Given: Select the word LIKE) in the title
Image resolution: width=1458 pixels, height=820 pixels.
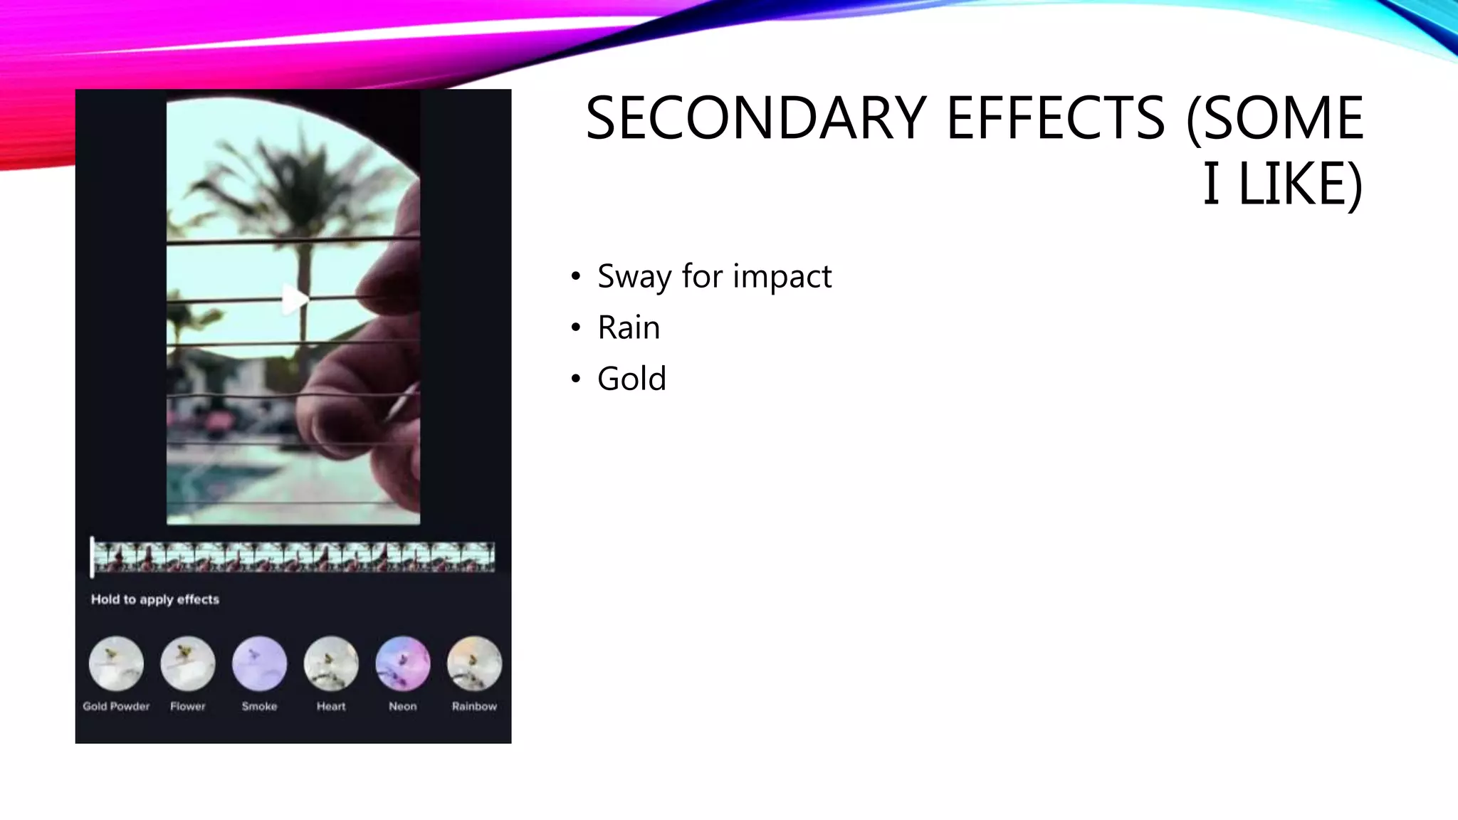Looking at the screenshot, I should coord(1300,184).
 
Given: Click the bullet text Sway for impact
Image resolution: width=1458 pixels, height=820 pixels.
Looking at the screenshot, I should coord(714,276).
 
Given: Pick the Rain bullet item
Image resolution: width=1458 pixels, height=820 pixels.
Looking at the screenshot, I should coord(629,327).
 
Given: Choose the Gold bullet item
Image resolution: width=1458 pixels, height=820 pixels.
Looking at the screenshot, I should coord(631,379).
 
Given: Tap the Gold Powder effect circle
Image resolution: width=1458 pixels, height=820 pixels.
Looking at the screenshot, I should coord(116,663).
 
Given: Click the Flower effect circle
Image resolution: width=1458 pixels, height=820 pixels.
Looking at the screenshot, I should coord(188,663).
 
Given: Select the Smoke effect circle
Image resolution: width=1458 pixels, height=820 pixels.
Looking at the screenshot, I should coord(259,663).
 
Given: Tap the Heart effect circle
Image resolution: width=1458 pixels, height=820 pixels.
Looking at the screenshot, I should coord(331,663).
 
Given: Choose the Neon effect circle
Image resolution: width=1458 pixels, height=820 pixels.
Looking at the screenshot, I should coord(403,663).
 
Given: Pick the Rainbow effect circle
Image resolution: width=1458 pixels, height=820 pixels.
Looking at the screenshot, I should coord(474,663).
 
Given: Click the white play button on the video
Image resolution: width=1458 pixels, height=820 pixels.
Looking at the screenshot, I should coord(294,299).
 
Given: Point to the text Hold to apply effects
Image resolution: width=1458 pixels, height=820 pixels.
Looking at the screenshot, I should coord(155,599).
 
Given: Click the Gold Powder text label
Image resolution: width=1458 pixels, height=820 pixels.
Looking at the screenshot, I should coord(116,706).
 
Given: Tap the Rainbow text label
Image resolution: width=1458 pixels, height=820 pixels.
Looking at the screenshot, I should coord(474,706).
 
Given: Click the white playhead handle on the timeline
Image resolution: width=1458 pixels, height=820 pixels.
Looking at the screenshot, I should coord(93,557).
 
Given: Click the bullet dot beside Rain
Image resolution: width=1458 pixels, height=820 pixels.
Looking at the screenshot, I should coord(576,328).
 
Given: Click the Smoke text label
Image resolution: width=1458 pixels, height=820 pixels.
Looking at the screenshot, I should coord(259,706).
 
